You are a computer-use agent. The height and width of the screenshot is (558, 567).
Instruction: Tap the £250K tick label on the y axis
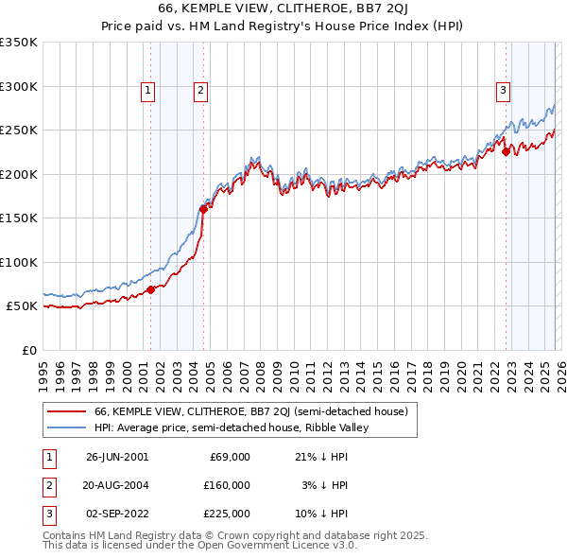(x=19, y=130)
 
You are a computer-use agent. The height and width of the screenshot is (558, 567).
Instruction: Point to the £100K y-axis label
(x=19, y=262)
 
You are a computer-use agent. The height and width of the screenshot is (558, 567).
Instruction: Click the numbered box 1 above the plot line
(x=149, y=91)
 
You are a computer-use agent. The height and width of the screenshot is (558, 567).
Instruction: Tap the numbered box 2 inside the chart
(x=202, y=91)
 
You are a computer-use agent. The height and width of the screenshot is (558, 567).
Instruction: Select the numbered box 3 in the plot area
(x=504, y=91)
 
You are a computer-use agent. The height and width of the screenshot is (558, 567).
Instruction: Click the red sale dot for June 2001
(x=150, y=289)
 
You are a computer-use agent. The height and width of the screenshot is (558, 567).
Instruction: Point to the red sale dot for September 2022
(x=506, y=151)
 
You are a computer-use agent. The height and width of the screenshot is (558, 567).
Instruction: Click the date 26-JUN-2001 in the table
(x=117, y=457)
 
